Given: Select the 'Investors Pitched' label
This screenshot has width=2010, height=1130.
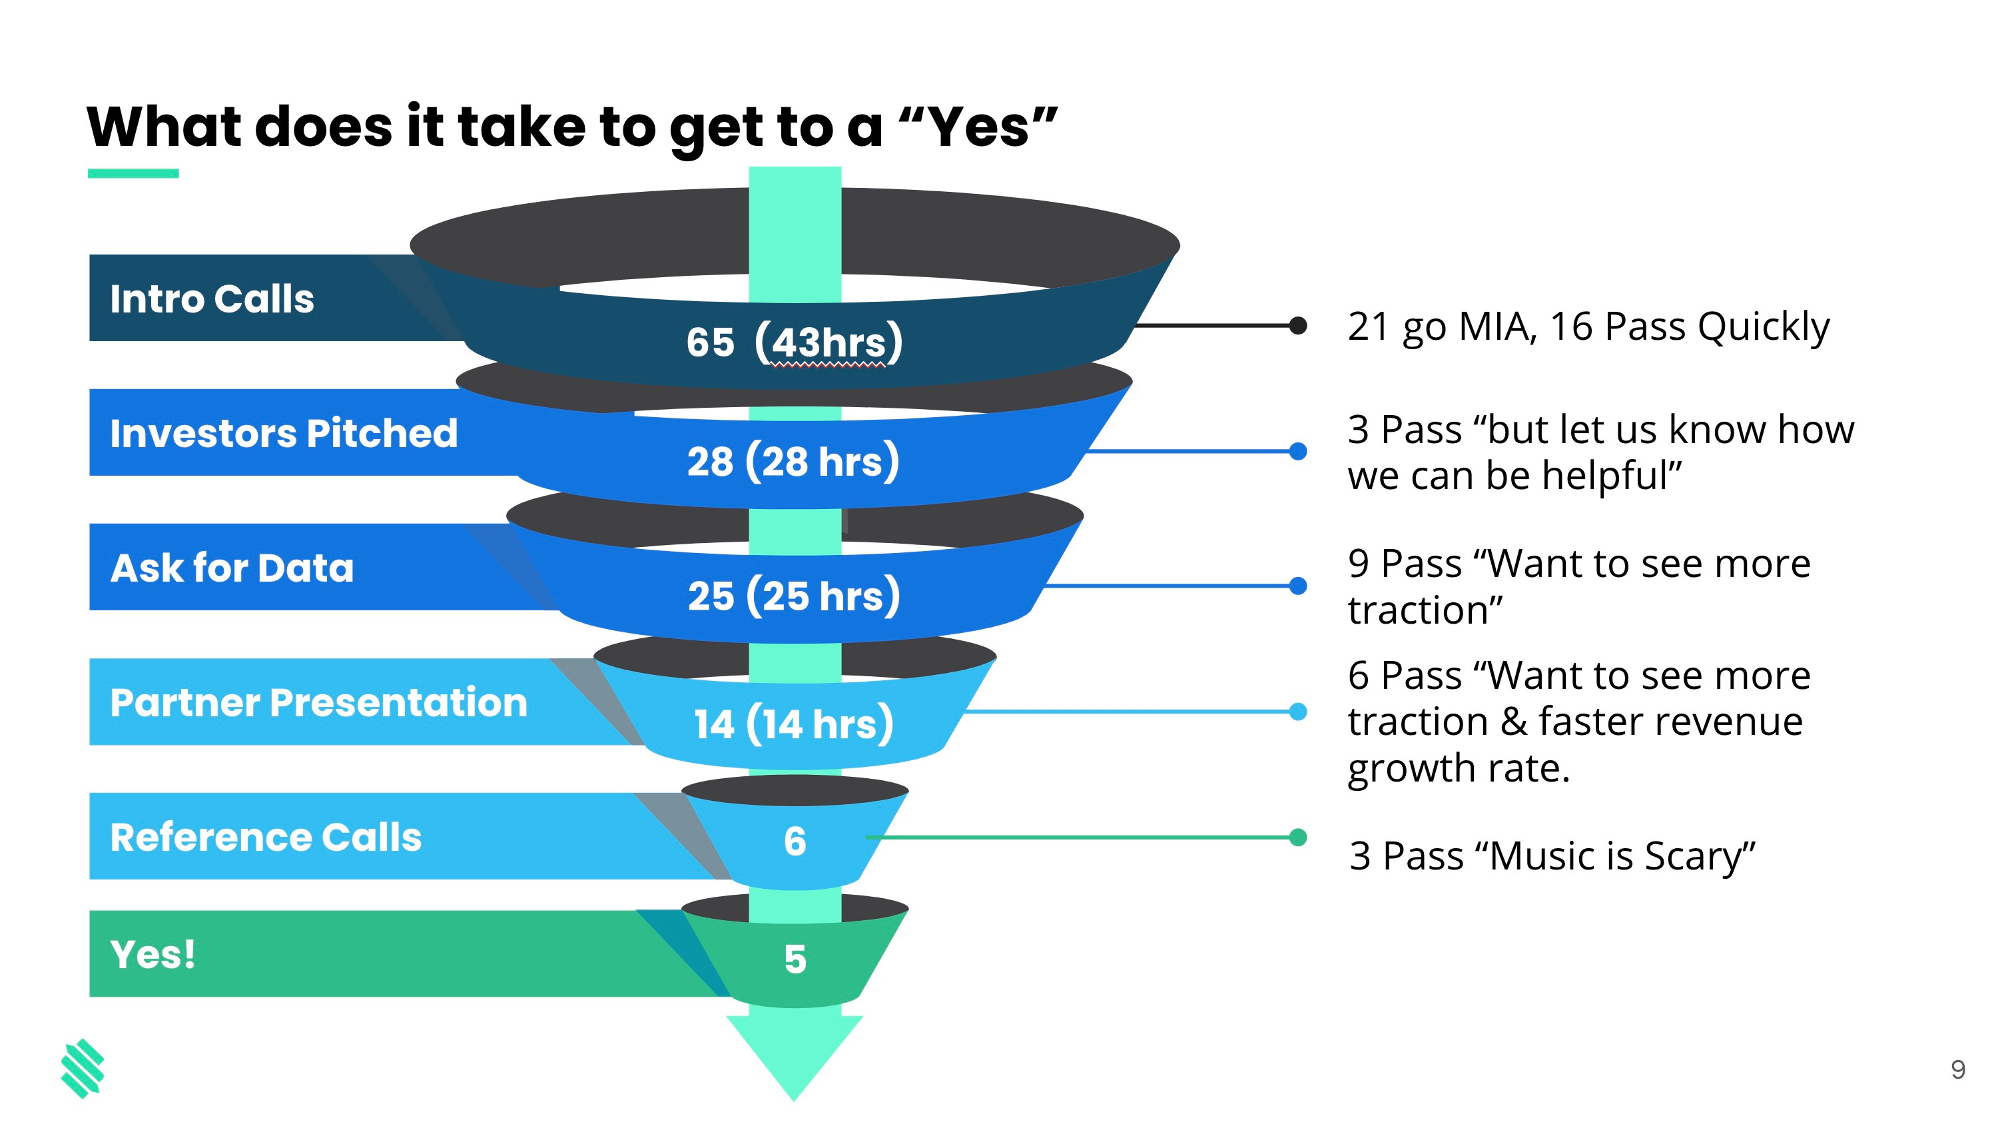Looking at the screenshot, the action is tap(283, 433).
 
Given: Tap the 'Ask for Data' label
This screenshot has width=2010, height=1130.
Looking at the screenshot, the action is tap(232, 568).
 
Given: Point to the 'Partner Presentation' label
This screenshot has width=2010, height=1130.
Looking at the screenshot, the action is tap(318, 702).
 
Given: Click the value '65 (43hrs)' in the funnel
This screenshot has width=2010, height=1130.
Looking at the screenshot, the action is tap(795, 342).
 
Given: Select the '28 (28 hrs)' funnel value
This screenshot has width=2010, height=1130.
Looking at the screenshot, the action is tap(793, 460).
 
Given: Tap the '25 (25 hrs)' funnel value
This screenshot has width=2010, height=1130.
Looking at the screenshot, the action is tap(794, 595).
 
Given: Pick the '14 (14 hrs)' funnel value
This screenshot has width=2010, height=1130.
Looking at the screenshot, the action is tap(794, 723).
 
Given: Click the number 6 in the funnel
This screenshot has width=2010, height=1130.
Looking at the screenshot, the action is tap(795, 842).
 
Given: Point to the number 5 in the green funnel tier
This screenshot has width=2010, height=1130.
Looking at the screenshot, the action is tap(795, 959).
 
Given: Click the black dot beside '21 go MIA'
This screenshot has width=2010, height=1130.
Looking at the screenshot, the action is tap(1297, 325).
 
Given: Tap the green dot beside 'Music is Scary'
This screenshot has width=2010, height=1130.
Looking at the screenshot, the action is tap(1297, 838).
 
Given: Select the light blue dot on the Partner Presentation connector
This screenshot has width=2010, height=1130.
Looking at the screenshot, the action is tap(1297, 711).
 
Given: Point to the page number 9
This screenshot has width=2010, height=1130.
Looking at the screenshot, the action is tap(1958, 1069).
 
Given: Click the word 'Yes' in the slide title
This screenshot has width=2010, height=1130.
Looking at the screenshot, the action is tap(978, 127).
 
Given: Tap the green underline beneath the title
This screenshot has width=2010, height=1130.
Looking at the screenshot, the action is tap(133, 173).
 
